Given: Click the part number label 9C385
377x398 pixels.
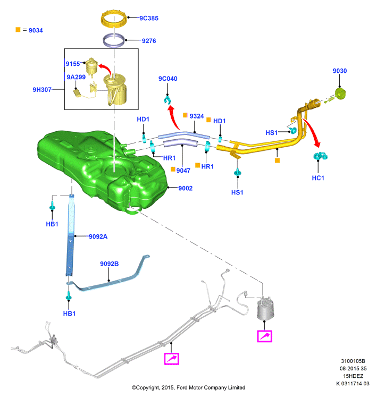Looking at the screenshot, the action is point(149,18).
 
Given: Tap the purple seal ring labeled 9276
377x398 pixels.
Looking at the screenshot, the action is point(114,40).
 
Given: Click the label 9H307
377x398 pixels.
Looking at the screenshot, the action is point(42,90).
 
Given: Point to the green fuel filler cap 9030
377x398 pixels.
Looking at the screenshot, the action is point(340,94).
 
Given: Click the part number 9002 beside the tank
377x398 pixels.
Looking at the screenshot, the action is point(186,188).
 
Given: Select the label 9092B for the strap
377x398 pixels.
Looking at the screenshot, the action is point(109,264).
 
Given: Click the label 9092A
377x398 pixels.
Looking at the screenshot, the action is point(98,237).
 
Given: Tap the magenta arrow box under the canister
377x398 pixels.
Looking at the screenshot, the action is point(264,336).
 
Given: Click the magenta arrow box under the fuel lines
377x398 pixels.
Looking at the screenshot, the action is point(172,359).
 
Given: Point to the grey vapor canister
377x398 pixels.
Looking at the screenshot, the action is point(265,309).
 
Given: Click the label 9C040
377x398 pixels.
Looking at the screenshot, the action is point(168,79).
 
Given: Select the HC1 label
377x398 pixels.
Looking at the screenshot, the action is point(318,178).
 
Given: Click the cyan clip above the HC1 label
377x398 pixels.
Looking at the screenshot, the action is point(320,156).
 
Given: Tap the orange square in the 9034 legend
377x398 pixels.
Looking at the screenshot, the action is point(18,30).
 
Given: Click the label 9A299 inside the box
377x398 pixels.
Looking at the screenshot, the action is point(76,77).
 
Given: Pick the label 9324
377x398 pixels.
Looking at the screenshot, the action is point(197,116).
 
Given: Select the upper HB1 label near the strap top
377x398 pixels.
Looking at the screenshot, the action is point(52,224).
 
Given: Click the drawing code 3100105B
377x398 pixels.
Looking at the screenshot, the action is point(353,361).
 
